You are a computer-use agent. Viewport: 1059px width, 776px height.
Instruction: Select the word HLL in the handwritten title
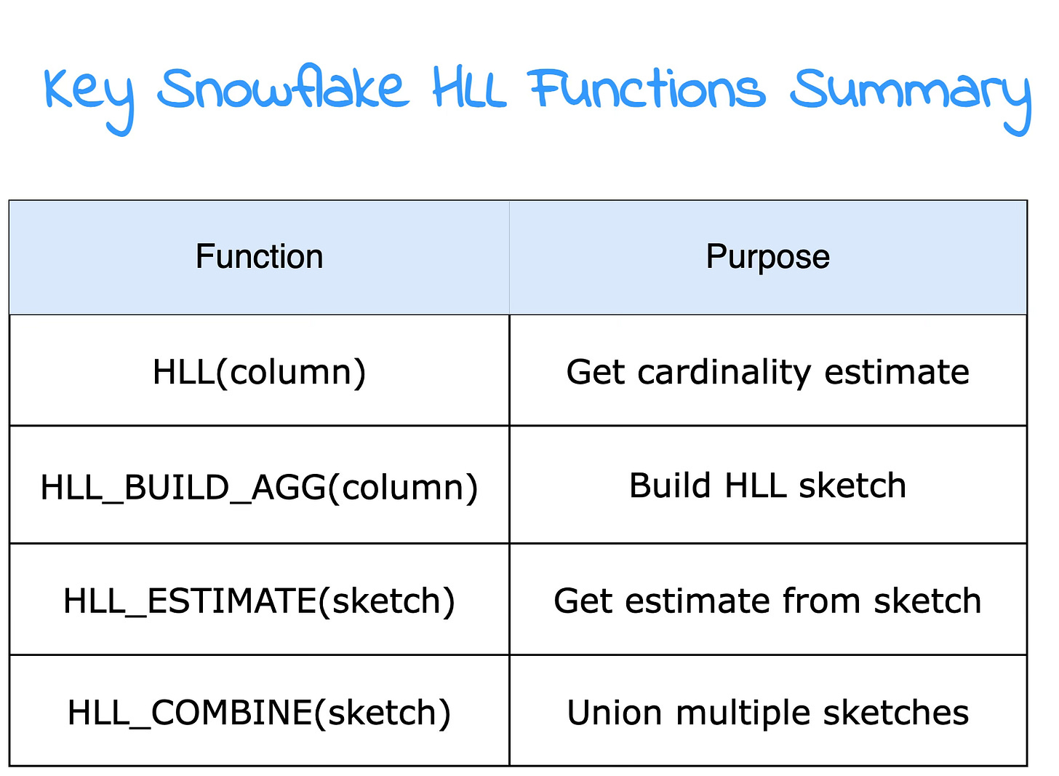point(469,89)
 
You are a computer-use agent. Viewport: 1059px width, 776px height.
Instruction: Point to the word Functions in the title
point(647,89)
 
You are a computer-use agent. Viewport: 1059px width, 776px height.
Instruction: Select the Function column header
point(259,257)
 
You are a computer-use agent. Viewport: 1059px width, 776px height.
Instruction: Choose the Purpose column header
point(767,257)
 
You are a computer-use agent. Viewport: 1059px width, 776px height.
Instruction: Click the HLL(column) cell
point(259,372)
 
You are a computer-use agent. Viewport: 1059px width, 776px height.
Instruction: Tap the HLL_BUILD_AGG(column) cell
point(259,487)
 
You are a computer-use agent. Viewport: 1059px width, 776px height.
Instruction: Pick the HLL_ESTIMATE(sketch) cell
point(259,601)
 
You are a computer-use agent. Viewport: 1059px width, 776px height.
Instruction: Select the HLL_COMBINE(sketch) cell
point(259,713)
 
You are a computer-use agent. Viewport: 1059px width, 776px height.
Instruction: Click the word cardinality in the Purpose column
point(724,372)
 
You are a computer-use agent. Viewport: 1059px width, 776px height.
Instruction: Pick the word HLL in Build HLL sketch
point(750,486)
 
